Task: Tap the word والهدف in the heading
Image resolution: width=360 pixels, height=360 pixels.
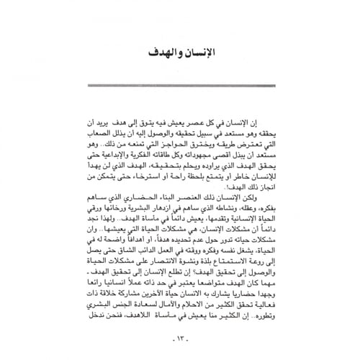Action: (x=162, y=55)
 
